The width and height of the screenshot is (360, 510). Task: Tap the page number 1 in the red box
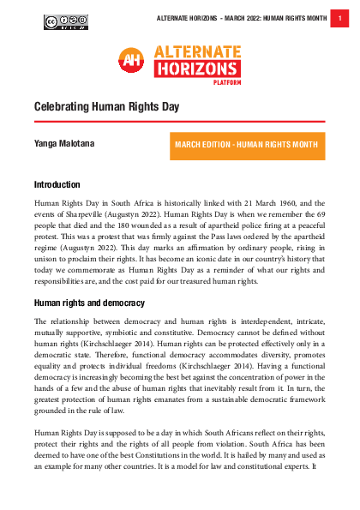(341, 18)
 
